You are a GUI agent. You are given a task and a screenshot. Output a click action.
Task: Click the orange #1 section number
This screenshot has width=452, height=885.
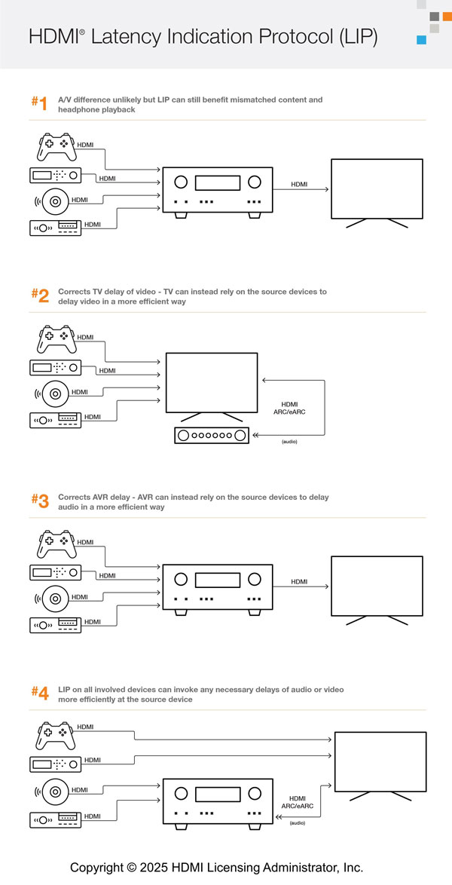click(39, 104)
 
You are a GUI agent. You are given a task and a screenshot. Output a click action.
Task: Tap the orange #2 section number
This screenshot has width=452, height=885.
click(40, 296)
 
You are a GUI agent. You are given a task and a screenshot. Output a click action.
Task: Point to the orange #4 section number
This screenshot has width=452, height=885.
click(40, 694)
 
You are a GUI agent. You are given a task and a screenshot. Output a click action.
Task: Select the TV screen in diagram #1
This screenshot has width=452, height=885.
click(369, 188)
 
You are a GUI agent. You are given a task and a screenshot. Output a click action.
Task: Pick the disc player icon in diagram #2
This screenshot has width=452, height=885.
click(50, 392)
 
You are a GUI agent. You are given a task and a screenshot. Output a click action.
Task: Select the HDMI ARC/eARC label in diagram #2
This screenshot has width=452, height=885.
click(289, 408)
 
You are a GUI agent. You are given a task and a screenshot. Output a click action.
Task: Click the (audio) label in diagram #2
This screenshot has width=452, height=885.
click(289, 441)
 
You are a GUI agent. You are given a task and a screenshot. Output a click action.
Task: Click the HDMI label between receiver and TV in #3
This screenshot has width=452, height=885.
click(299, 581)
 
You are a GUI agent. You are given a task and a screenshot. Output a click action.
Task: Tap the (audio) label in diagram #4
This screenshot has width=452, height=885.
click(298, 823)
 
